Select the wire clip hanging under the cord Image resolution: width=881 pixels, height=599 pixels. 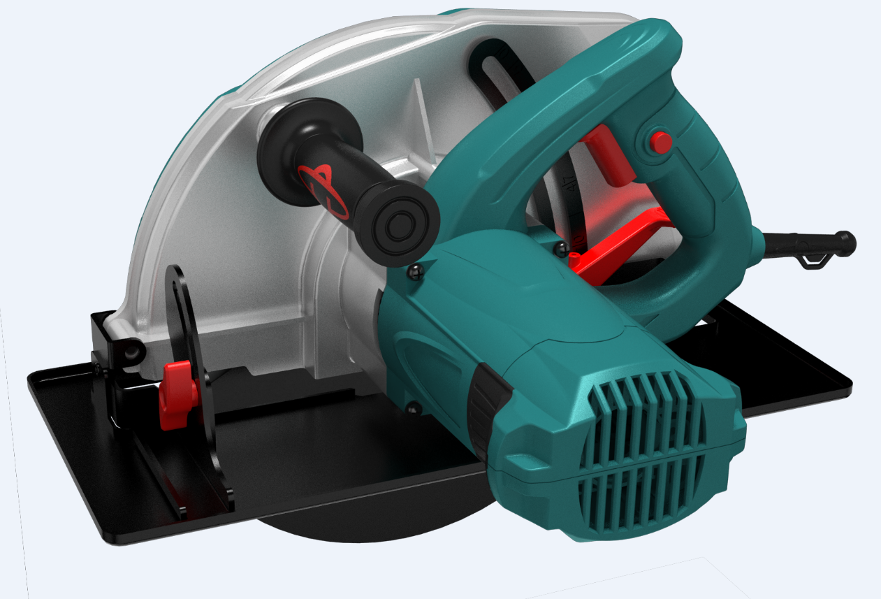[814, 261]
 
